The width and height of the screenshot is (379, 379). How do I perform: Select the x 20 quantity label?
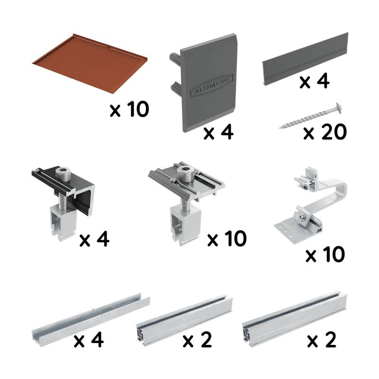click(325, 132)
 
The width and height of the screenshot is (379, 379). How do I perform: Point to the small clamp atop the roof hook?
click(305, 180)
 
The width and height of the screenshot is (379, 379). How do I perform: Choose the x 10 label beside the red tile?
click(129, 110)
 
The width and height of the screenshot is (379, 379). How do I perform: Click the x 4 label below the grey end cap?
click(218, 133)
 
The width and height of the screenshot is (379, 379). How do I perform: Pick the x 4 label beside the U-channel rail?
click(89, 340)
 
